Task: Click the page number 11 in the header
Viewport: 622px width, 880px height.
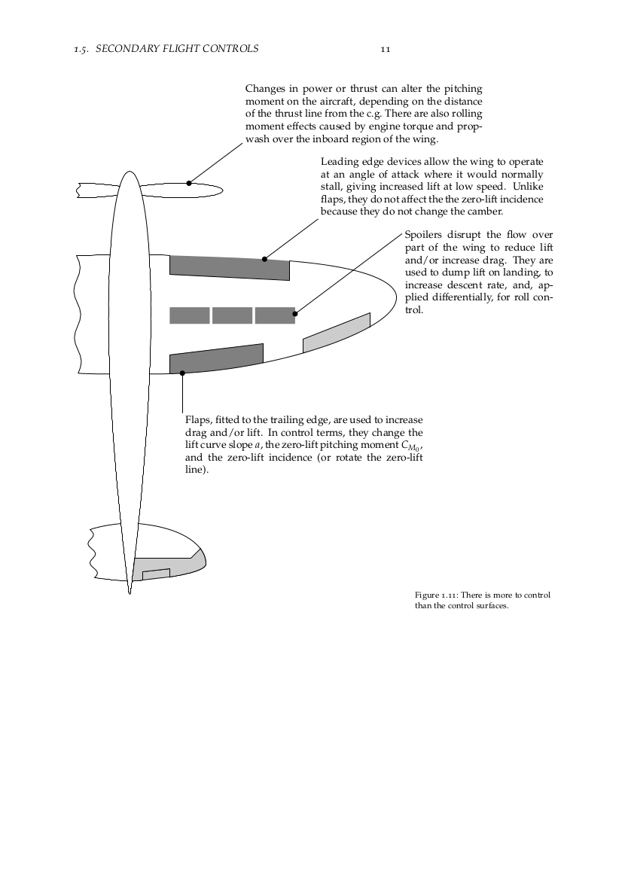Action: coord(384,49)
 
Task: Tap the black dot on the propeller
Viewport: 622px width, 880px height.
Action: coord(189,183)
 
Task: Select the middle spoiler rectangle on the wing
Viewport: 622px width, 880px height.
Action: coord(232,315)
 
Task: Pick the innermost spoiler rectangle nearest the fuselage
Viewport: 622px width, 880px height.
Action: coord(189,315)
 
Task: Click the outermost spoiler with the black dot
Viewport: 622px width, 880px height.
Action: coord(275,315)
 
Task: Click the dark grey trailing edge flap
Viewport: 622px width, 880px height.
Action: coord(217,358)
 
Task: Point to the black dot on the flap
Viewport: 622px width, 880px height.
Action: coord(182,373)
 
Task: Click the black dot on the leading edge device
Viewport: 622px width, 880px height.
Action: coord(264,260)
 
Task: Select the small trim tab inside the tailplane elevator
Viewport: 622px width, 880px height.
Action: coord(156,574)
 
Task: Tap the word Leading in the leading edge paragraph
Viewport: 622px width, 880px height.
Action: coord(340,162)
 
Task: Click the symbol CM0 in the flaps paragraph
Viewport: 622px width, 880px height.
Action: coord(410,446)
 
